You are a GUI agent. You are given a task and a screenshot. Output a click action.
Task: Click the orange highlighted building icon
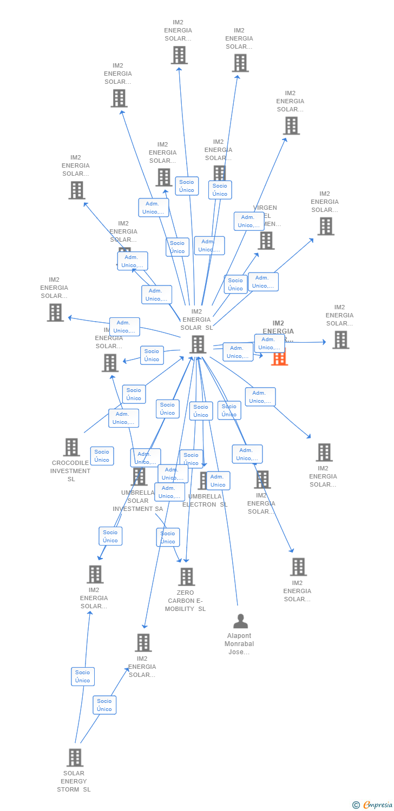pos(279,358)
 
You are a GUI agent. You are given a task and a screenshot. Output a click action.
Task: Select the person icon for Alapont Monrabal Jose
pos(240,621)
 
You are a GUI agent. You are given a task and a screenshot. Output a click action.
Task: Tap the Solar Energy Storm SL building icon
pos(75,757)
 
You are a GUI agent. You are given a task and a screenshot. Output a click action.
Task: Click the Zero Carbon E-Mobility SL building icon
pos(186,577)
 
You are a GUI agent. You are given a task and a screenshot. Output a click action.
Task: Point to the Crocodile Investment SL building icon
pos(71,447)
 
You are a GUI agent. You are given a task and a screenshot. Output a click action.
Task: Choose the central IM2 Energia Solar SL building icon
pos(198,344)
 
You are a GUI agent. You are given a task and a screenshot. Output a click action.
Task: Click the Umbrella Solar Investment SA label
pos(137,501)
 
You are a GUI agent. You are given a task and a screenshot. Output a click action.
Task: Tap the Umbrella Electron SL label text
pos(205,500)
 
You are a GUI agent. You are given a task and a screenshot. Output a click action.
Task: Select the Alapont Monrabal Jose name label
pos(239,644)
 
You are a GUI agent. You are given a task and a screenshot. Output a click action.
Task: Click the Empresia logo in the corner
pos(378,805)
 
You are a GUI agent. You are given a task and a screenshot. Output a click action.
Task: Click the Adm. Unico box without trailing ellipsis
pos(218,481)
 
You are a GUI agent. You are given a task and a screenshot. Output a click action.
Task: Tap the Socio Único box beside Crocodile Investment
pos(102,456)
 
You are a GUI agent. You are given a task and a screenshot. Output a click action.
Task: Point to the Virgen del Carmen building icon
pos(266,241)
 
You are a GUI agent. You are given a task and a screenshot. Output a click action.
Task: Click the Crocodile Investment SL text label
pos(70,471)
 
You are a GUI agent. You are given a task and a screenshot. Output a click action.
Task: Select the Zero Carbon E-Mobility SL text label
pos(186,601)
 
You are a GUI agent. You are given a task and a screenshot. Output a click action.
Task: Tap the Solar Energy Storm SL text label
pos(74,781)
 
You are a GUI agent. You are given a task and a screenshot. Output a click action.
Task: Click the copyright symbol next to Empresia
pos(356,805)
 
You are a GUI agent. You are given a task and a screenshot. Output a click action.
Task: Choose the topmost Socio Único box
pos(187,186)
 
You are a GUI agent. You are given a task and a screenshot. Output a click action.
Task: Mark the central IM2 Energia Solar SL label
pos(196,320)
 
